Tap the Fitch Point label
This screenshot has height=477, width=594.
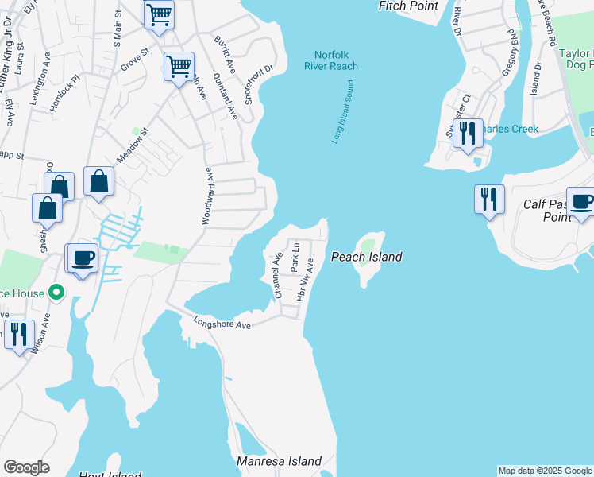click(408, 6)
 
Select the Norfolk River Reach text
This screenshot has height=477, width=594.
click(331, 61)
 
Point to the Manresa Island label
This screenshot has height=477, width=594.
click(280, 461)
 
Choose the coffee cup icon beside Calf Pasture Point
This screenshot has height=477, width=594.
click(581, 202)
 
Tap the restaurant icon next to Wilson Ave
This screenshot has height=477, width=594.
click(17, 334)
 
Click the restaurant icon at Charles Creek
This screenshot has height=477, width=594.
click(467, 134)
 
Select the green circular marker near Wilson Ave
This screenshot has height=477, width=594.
click(56, 293)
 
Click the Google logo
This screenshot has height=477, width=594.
click(26, 467)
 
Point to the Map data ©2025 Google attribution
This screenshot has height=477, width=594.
click(545, 471)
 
